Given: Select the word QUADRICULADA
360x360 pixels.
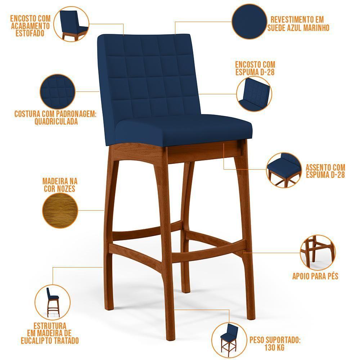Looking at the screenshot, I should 56,122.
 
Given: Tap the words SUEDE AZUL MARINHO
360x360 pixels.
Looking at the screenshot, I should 298,27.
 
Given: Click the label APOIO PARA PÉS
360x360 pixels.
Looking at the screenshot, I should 315,276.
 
